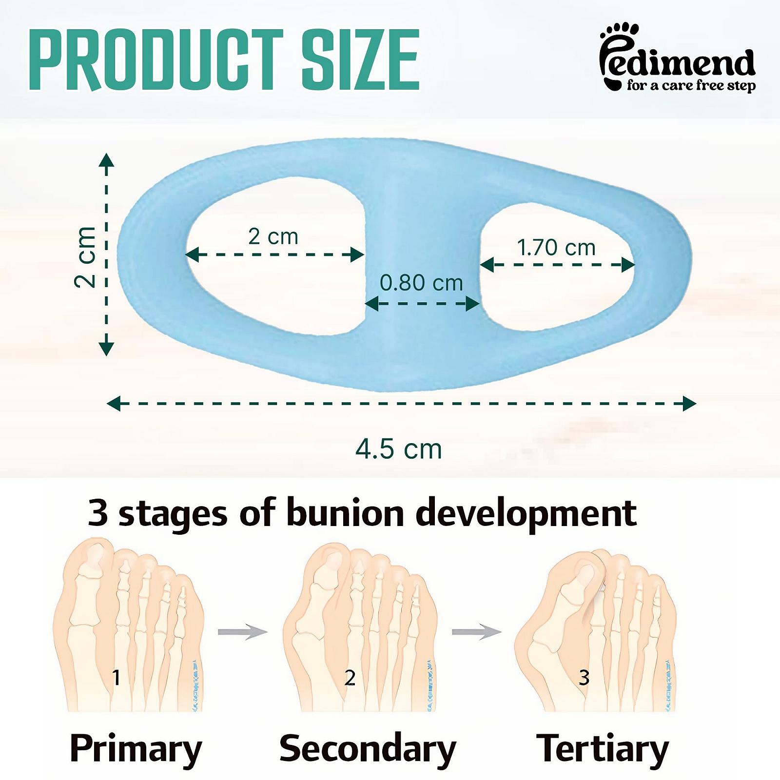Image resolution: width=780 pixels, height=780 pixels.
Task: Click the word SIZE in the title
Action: (x=360, y=60)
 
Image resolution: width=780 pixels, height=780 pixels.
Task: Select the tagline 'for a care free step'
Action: (x=691, y=86)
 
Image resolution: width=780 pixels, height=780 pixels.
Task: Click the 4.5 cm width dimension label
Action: (x=399, y=449)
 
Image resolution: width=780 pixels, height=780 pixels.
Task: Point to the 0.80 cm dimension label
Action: (x=421, y=283)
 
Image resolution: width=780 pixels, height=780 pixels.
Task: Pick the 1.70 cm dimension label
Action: (x=556, y=248)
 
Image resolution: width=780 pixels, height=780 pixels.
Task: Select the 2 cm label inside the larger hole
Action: (x=273, y=237)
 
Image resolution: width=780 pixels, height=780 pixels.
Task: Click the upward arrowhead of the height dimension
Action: (x=106, y=159)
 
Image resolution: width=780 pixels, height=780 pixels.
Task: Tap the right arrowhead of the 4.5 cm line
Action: (x=689, y=404)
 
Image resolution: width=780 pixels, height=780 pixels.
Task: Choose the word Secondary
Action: (x=368, y=748)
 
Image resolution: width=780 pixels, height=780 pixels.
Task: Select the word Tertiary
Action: (x=603, y=749)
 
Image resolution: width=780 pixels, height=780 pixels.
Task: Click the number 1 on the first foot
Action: (x=116, y=677)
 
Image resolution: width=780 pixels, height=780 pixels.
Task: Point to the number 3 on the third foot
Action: (x=584, y=677)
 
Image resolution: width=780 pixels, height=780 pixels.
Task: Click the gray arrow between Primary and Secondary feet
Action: (x=243, y=632)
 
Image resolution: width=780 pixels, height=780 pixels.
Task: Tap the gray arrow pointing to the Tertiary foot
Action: (x=477, y=632)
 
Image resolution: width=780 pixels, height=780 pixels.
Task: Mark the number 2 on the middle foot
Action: (x=350, y=677)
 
